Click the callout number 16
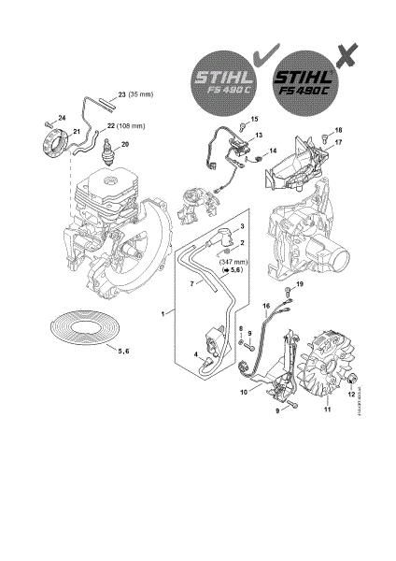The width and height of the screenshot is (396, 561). coord(266,305)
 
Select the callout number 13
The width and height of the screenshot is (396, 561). coord(260,135)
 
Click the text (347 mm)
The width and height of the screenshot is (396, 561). coord(233,263)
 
